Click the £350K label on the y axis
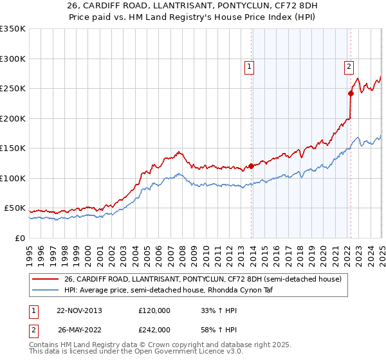coord(13,29)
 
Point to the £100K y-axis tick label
coord(13,178)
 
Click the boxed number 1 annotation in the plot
coord(248,65)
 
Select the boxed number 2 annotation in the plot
coord(348,65)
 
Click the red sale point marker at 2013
coord(251,166)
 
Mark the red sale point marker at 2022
coord(351,93)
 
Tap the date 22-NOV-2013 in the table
coord(80,310)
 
